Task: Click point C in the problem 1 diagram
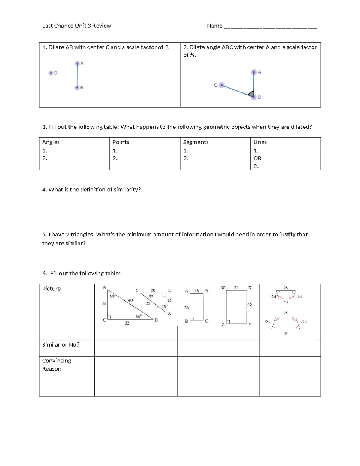pyautogui.click(x=51, y=73)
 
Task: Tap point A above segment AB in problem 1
pyautogui.click(x=77, y=63)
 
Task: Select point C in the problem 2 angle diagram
pyautogui.click(x=221, y=85)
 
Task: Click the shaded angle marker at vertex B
pyautogui.click(x=252, y=94)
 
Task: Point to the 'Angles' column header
pyautogui.click(x=51, y=142)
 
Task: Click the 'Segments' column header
pyautogui.click(x=196, y=142)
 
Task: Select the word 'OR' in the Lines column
pyautogui.click(x=257, y=158)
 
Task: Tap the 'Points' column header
pyautogui.click(x=121, y=142)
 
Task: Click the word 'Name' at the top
pyautogui.click(x=214, y=26)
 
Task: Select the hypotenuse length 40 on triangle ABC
pyautogui.click(x=130, y=300)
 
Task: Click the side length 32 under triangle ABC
pyautogui.click(x=127, y=323)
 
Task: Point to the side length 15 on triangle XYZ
pyautogui.click(x=169, y=300)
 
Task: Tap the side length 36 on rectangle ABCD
pyautogui.click(x=187, y=308)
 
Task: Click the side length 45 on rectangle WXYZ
pyautogui.click(x=250, y=304)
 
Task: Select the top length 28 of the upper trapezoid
pyautogui.click(x=286, y=288)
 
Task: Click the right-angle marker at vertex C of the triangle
pyautogui.click(x=109, y=317)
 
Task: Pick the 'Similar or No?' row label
pyautogui.click(x=61, y=345)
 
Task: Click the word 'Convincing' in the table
pyautogui.click(x=57, y=361)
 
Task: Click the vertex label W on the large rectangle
pyautogui.click(x=223, y=287)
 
